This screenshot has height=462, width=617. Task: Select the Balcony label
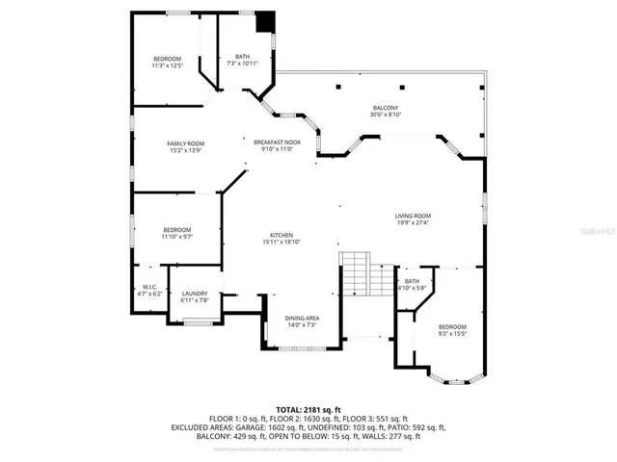click(x=386, y=108)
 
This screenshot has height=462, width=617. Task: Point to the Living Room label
click(x=413, y=216)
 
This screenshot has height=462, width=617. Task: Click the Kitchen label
click(x=281, y=236)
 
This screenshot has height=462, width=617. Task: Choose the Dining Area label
click(x=302, y=318)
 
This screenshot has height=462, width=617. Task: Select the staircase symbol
click(x=356, y=274)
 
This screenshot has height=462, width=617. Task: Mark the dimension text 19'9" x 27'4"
click(x=413, y=223)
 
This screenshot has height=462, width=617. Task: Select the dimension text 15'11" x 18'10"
click(x=281, y=243)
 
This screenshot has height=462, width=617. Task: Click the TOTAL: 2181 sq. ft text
click(x=308, y=410)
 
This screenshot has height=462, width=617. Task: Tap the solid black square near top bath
click(x=266, y=22)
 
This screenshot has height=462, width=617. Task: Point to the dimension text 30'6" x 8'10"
click(x=386, y=115)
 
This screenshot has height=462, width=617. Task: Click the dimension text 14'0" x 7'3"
click(x=302, y=324)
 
